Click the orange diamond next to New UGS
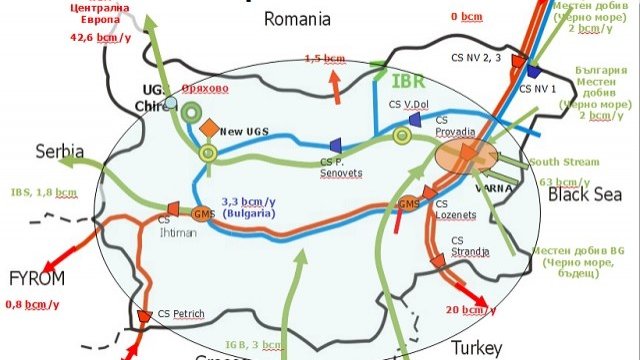pos(208,129)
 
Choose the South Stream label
pos(564,162)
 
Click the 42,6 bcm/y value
pos(102,39)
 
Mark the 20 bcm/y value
pos(470,310)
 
